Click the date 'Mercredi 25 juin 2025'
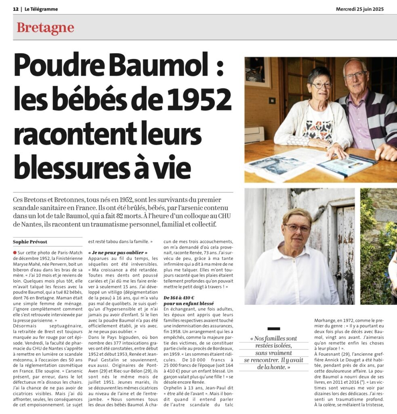(x=359, y=9)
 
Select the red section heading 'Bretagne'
(x=45, y=28)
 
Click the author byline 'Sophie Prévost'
(x=30, y=242)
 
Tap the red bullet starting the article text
(x=15, y=252)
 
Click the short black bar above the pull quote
(x=273, y=329)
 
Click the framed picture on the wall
(x=257, y=72)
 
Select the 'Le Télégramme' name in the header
(x=41, y=9)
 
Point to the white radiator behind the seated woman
(x=254, y=134)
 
